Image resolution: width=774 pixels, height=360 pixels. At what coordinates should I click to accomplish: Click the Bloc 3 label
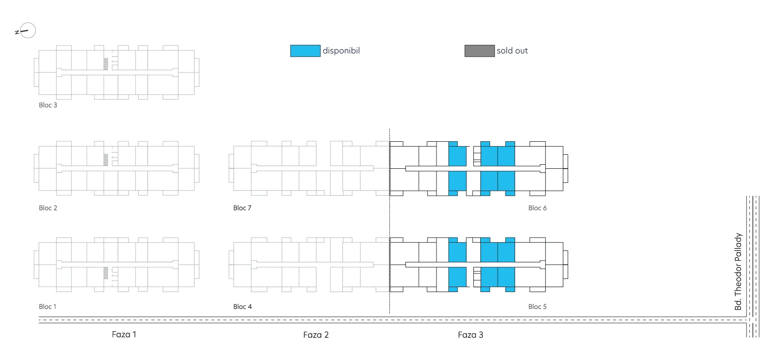tap(48, 105)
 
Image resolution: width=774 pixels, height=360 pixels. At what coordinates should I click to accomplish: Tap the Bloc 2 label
tap(48, 208)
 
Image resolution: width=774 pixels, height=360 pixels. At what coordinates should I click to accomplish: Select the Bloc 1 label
tap(47, 306)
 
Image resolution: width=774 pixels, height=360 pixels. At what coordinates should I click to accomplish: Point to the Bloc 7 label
tap(242, 208)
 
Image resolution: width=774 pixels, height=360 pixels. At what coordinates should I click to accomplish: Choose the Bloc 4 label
tap(243, 306)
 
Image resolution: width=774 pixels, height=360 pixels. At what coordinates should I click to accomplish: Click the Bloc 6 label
tap(537, 208)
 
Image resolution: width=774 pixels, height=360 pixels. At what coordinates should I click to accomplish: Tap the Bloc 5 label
tap(537, 306)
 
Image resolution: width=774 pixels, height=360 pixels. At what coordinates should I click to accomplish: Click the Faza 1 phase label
tap(124, 334)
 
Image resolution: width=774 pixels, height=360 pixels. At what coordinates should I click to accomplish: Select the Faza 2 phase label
tap(316, 335)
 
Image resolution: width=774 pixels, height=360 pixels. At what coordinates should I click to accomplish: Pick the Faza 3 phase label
tap(470, 335)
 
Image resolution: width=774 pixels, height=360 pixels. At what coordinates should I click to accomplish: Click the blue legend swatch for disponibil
tap(305, 51)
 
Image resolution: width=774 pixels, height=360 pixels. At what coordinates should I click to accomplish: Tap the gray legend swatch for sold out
tap(479, 51)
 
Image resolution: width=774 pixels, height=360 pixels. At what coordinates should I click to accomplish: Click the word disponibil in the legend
tap(341, 51)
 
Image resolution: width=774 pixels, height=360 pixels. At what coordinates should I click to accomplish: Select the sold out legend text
tap(512, 51)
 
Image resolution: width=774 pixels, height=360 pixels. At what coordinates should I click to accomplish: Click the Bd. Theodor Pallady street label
tap(738, 271)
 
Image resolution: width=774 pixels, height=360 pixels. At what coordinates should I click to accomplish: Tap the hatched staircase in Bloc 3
tap(106, 64)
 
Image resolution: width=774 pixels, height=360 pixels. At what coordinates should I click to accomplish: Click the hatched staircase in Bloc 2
tap(106, 160)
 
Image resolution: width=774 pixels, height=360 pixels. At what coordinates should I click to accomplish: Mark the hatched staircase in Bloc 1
tap(106, 273)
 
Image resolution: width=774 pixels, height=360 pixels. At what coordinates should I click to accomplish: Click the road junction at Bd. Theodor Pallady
tap(753, 320)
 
